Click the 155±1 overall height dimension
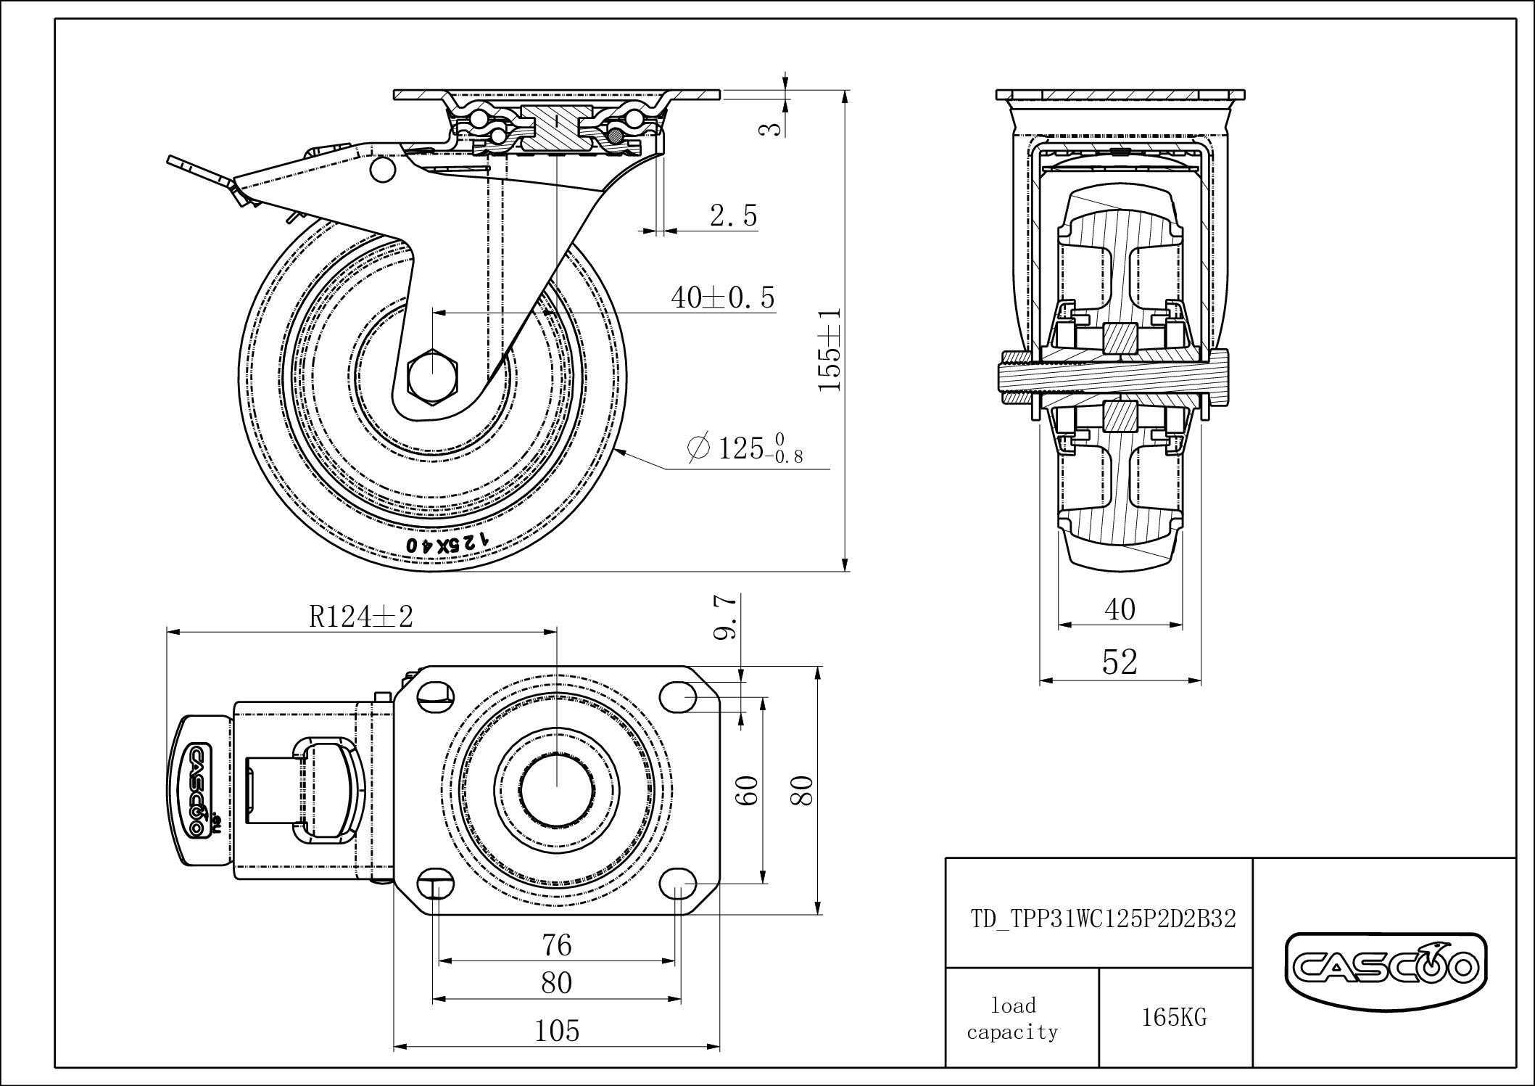(830, 349)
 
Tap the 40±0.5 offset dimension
(722, 297)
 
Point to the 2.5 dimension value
(733, 216)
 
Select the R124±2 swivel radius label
(361, 617)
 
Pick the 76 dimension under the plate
(556, 945)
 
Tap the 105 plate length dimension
(557, 1031)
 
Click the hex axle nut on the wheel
(432, 374)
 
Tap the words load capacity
(1012, 1019)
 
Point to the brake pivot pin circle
(380, 170)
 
